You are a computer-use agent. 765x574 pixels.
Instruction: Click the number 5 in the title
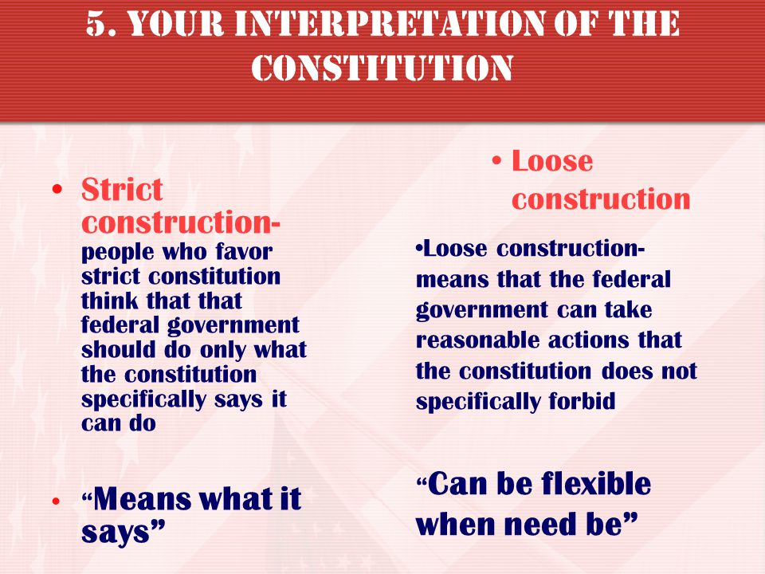(97, 24)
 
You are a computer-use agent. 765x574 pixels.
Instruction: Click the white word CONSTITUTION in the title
(382, 67)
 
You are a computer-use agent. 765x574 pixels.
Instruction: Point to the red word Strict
(122, 189)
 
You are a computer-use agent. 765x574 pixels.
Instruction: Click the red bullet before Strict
(57, 190)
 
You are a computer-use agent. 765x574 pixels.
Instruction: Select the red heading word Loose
(552, 160)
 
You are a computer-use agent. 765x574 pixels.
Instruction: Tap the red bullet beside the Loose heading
(496, 160)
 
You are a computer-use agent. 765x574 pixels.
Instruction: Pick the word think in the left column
(110, 301)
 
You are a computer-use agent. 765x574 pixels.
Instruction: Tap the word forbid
(582, 401)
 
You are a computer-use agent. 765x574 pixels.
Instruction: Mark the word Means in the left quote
(142, 498)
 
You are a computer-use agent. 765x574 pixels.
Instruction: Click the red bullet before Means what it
(57, 501)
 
